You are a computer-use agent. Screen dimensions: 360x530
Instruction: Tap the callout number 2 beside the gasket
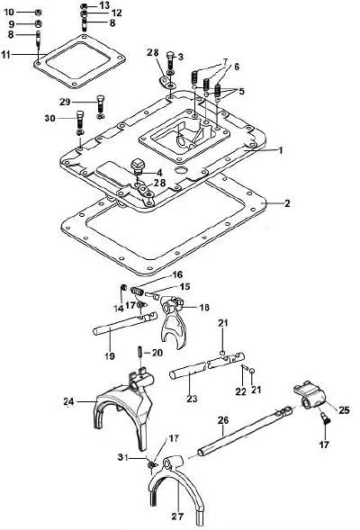287,203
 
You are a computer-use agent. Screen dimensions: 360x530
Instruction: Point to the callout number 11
6,54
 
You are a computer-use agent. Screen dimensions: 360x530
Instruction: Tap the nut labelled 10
38,13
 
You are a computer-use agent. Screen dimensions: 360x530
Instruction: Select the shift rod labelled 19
125,324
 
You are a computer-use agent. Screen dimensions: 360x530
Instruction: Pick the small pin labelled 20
139,353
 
